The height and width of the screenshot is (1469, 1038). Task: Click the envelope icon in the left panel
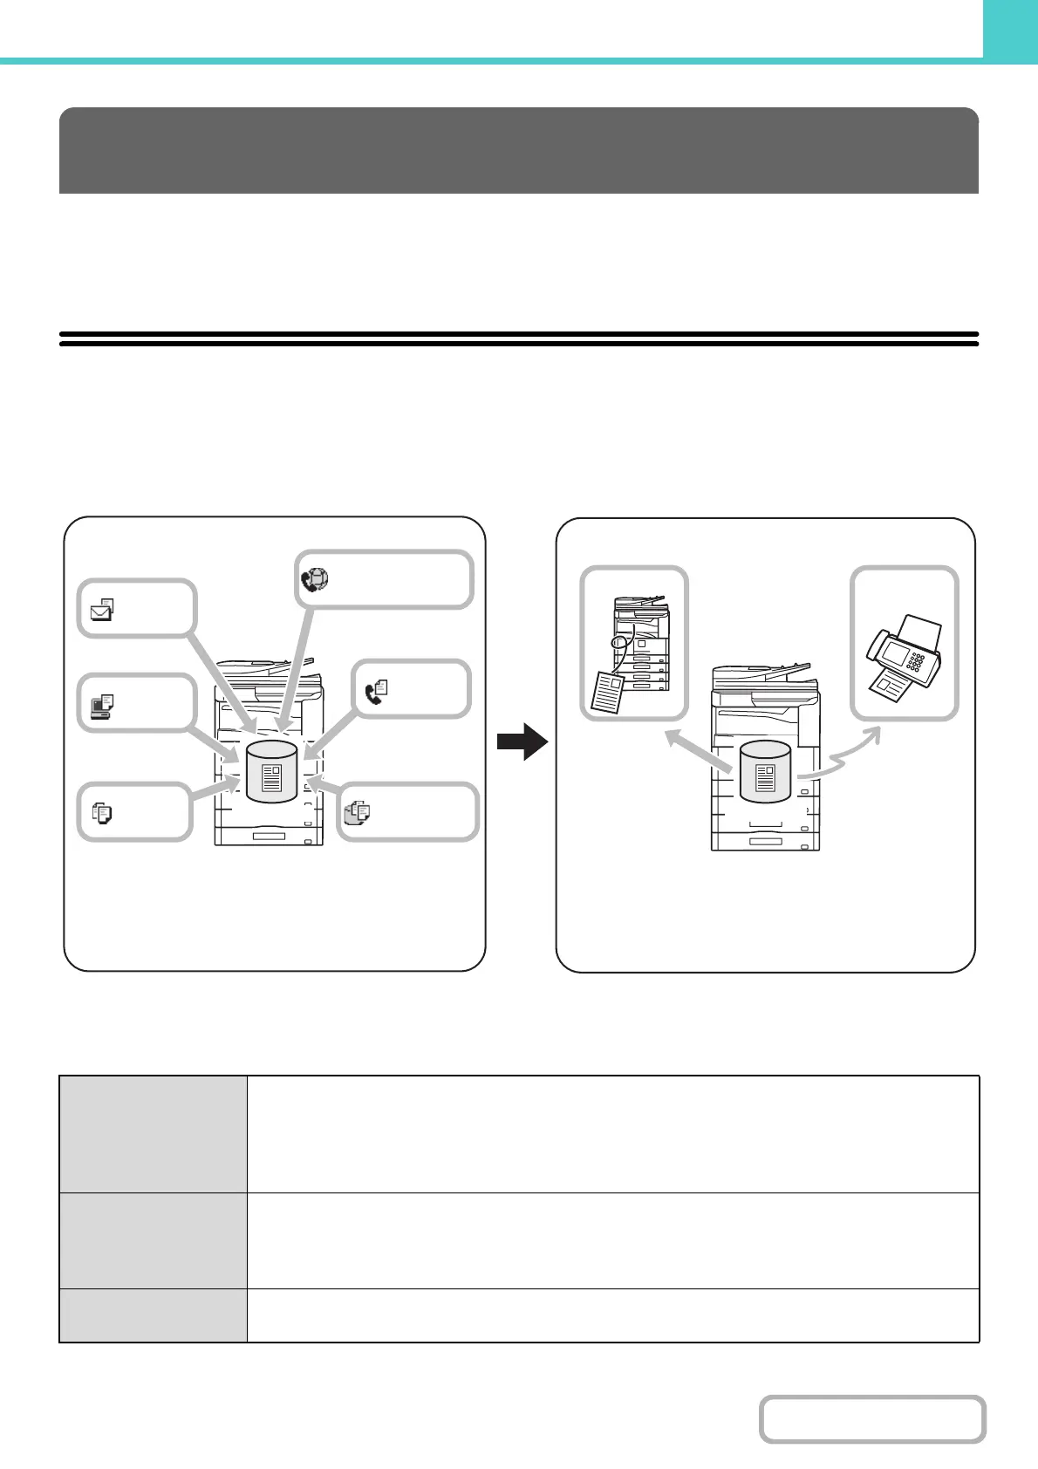(102, 608)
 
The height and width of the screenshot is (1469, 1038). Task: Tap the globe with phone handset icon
(314, 580)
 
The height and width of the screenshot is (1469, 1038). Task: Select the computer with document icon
(102, 705)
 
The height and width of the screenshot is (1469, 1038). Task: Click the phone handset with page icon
(376, 692)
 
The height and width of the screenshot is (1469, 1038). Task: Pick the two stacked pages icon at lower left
(102, 814)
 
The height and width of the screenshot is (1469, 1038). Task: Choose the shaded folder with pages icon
(357, 813)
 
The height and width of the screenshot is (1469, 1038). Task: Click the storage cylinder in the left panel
(272, 771)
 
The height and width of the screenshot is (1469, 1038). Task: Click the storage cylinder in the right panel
(765, 771)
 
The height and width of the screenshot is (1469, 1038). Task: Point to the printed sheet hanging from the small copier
(609, 692)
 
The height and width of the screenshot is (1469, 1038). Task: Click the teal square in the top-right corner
(1010, 29)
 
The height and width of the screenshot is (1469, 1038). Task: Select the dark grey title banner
(518, 150)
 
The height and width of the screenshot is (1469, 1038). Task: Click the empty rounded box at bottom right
(871, 1419)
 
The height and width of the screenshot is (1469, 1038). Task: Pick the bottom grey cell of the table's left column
(153, 1315)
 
